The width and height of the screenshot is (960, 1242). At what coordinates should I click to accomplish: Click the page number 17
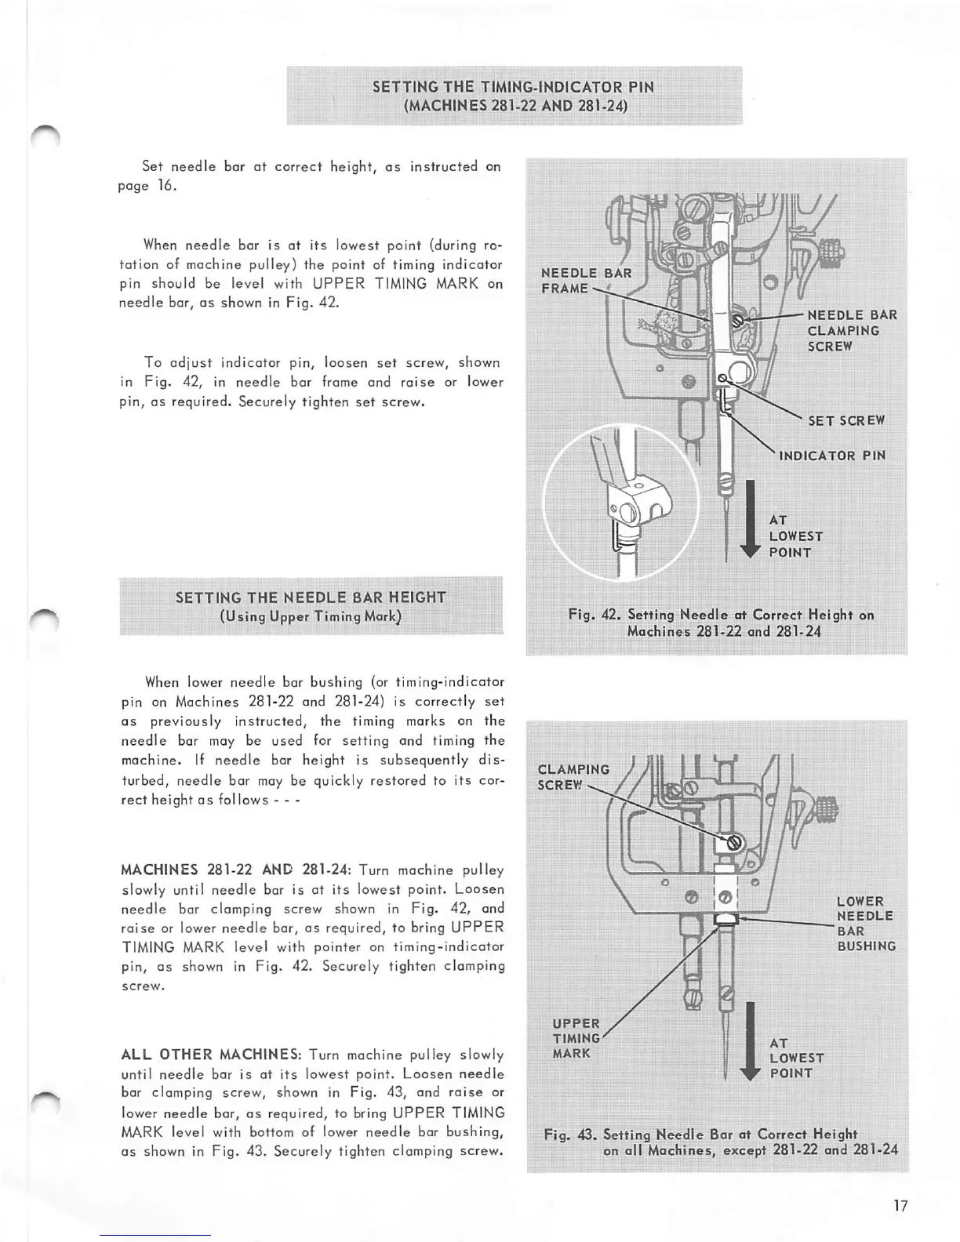tap(900, 1206)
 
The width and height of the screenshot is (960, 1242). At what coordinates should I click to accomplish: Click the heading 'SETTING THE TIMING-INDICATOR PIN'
tap(513, 86)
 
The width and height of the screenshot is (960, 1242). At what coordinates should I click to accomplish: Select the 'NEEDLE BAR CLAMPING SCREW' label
tap(852, 330)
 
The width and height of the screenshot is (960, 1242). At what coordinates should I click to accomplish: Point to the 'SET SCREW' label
tap(846, 420)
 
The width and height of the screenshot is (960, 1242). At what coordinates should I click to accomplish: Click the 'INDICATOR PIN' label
tap(831, 456)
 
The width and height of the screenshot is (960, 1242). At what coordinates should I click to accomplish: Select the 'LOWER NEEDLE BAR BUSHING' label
tap(865, 924)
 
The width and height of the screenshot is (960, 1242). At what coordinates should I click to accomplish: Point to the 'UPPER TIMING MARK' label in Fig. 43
tap(576, 1038)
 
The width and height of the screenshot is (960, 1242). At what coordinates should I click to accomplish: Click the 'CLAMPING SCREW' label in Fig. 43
tap(573, 777)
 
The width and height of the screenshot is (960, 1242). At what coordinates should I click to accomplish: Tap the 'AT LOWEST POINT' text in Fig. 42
tap(795, 536)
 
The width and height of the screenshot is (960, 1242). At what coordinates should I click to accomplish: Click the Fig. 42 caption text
tap(721, 623)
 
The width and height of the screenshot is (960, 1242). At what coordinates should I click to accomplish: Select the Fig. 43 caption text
tap(721, 1142)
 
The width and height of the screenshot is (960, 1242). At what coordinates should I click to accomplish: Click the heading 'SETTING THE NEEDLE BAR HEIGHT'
tap(311, 597)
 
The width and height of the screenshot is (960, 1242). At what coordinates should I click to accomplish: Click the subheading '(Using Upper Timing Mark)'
tap(311, 616)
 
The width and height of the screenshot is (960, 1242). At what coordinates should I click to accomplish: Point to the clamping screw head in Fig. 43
tap(735, 843)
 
